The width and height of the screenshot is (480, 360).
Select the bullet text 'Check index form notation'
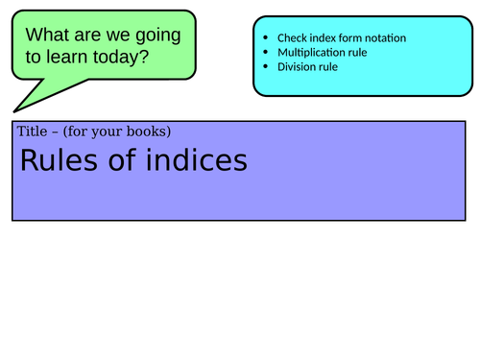tap(341, 38)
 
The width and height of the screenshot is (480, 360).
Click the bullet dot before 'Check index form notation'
tap(265, 38)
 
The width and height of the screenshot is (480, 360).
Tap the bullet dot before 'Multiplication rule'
tap(265, 53)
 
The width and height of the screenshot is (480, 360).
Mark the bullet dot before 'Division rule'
tap(265, 67)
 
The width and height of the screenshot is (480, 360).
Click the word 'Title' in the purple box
tap(31, 132)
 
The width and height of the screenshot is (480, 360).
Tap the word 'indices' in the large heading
tap(199, 160)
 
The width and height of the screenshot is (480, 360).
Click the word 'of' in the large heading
tap(120, 160)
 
